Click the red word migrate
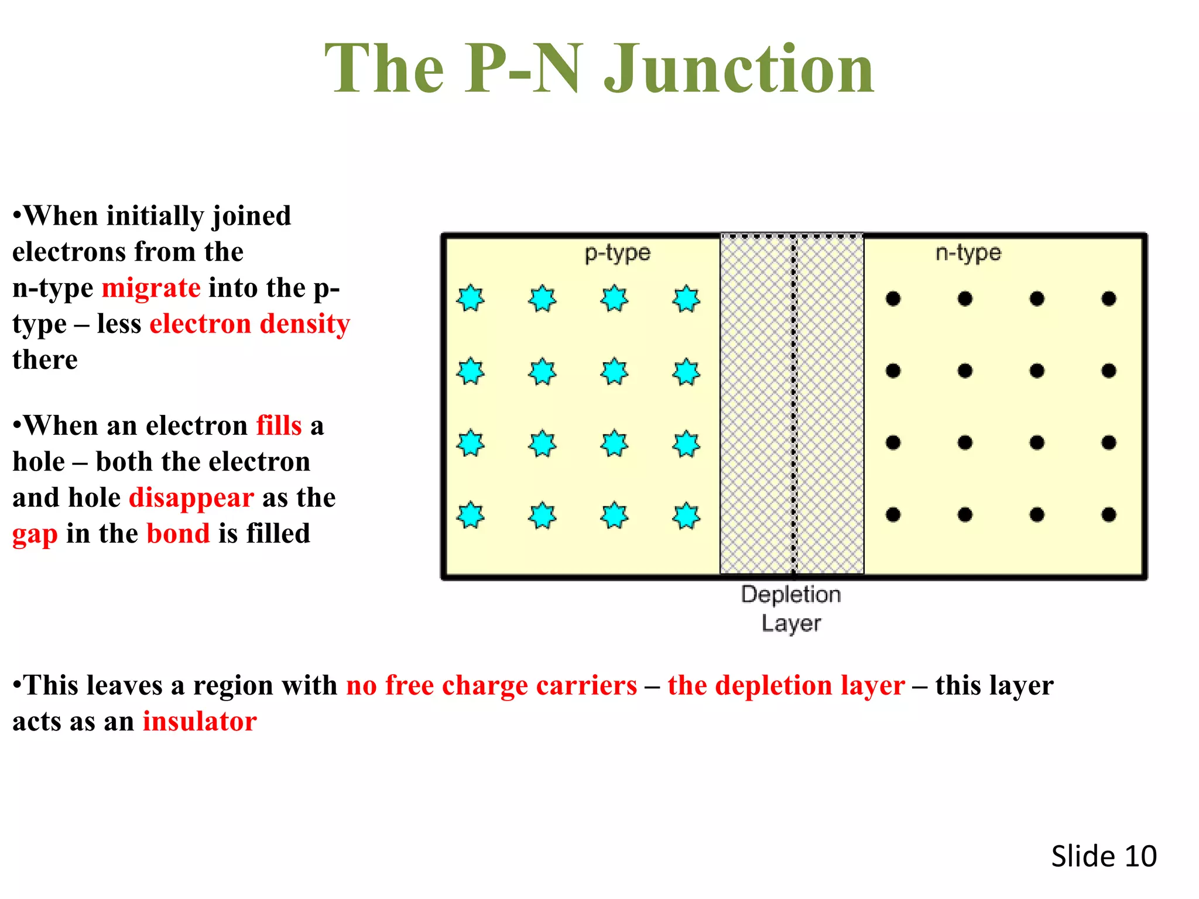pos(151,288)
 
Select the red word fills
pos(279,426)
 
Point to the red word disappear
pos(191,497)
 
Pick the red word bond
pos(178,533)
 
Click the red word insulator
pos(200,721)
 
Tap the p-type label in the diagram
pos(618,253)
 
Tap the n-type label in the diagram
pos(968,253)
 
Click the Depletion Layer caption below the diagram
pos(791,608)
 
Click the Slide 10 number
pos(1104,856)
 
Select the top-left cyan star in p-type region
pos(471,298)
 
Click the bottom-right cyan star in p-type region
pos(686,516)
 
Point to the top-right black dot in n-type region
pos(1108,299)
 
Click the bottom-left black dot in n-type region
pos(893,514)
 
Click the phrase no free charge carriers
pos(491,685)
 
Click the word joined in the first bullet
pos(251,217)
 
